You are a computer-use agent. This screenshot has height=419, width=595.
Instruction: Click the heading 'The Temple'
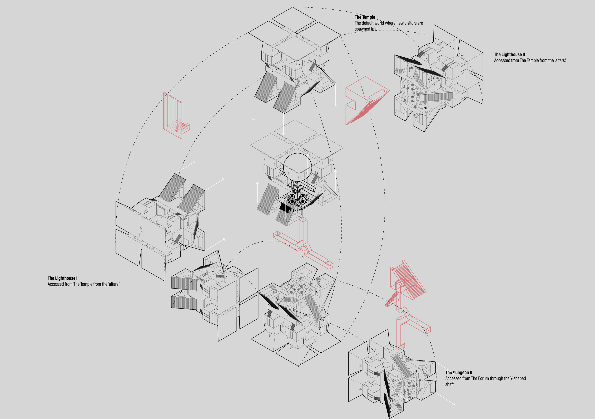(365, 17)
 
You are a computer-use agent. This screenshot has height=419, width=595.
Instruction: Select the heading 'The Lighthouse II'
(510, 54)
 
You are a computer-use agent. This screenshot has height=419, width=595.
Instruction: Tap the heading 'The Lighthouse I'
(62, 278)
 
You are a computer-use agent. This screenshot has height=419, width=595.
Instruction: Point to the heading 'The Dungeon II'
(459, 372)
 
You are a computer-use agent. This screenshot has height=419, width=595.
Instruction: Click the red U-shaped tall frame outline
(166, 114)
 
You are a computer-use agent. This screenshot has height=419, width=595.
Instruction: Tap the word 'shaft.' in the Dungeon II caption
(450, 384)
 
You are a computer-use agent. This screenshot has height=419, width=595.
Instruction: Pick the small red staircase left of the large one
(392, 299)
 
